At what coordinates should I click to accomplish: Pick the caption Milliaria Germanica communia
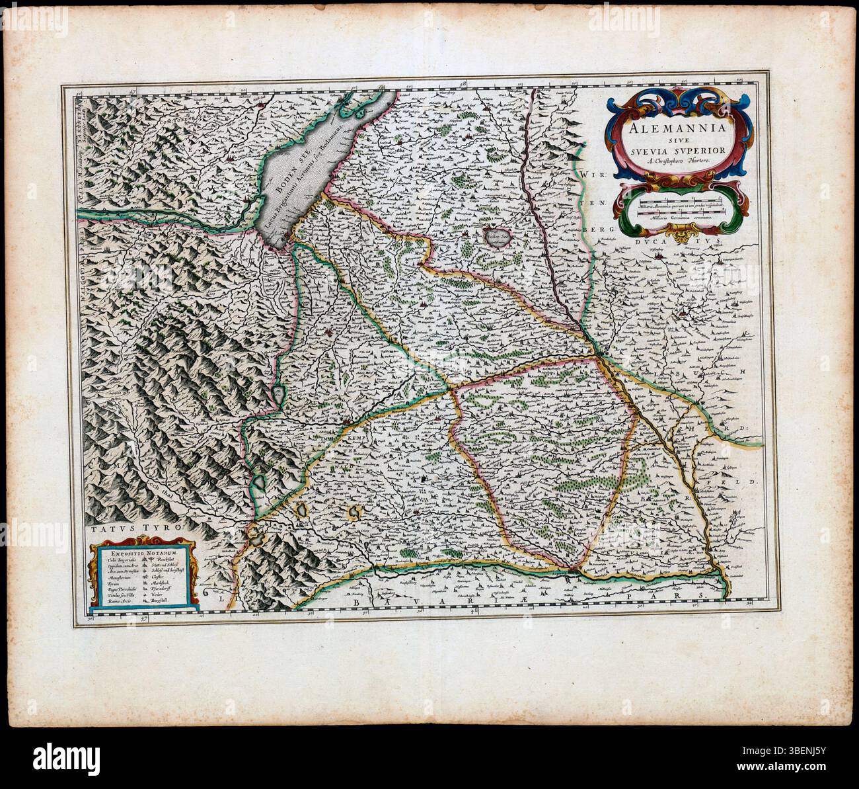[x=682, y=218]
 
